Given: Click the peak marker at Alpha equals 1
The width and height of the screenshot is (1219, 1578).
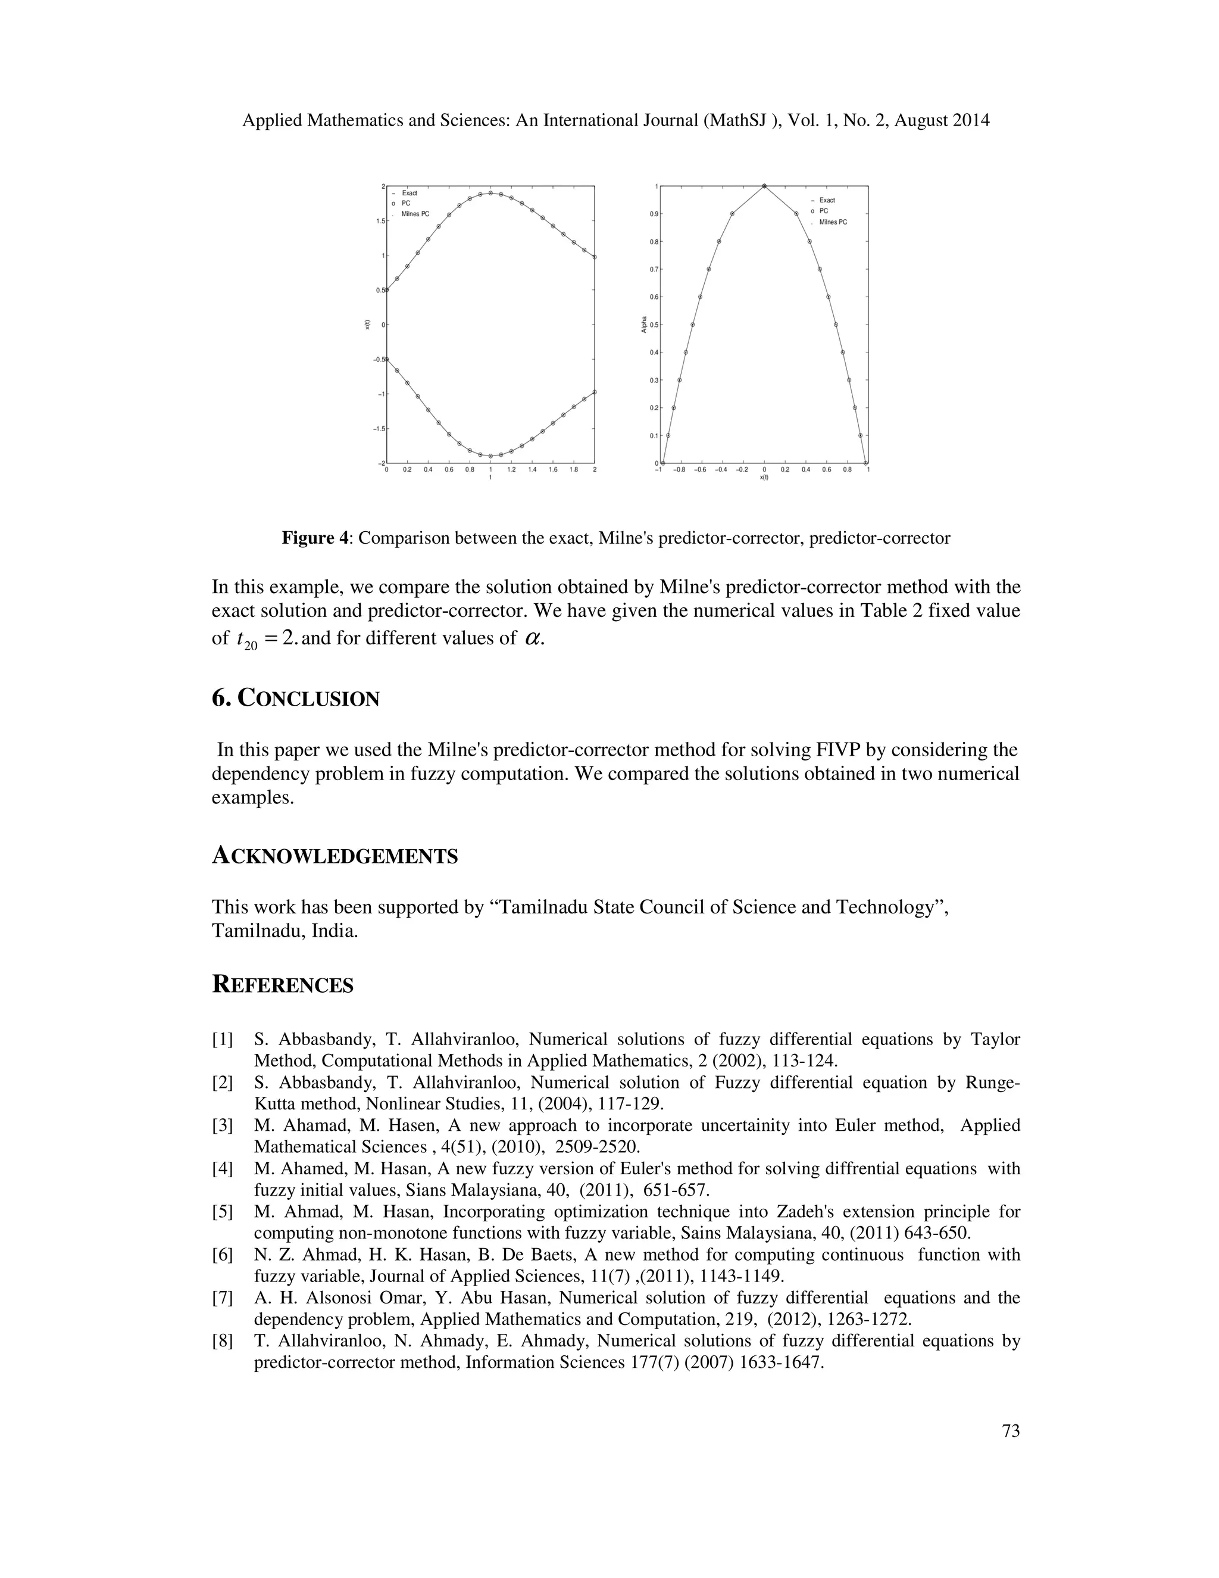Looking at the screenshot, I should [764, 186].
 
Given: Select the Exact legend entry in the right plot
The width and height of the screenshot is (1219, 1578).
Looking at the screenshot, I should [827, 200].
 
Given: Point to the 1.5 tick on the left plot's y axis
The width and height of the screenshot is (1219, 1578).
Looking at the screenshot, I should [380, 221].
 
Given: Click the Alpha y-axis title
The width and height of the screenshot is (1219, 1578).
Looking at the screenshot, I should [643, 325].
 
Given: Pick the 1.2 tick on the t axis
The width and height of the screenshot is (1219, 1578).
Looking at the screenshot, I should [511, 470].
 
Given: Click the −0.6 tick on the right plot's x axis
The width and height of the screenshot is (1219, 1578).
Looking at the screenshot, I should [700, 470].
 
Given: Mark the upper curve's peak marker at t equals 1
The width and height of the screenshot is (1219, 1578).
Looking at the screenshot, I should [490, 193].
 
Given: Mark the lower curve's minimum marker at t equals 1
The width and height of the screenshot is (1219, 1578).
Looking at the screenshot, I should [490, 456].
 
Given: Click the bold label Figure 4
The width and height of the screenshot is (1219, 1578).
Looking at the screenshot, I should [315, 538].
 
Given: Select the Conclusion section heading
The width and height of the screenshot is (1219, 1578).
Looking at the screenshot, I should [295, 698].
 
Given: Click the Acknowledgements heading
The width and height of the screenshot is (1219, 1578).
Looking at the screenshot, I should [335, 856].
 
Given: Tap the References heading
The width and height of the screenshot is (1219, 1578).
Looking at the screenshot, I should [282, 985].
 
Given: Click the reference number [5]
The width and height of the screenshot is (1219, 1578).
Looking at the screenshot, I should [223, 1212].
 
